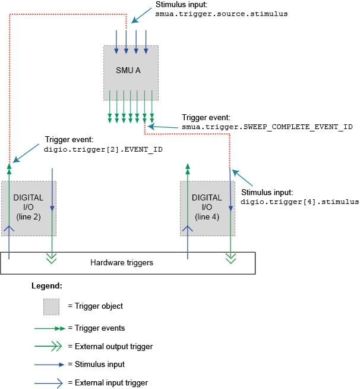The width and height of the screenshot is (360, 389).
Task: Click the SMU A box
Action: pos(131,70)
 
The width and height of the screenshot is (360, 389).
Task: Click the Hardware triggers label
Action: pos(121,262)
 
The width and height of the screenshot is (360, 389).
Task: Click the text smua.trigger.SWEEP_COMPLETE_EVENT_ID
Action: pos(258,127)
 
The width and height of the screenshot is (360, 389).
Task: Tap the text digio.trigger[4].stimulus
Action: pos(299,202)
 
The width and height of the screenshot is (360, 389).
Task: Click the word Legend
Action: pos(46,286)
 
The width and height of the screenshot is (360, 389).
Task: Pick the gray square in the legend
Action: pos(52,306)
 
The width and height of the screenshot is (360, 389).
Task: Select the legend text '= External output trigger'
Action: pos(110,346)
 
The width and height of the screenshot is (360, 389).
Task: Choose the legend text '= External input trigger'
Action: pos(108,382)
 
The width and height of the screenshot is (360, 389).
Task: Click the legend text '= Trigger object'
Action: pos(95,306)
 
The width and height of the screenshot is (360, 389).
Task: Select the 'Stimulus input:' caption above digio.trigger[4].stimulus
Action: pos(267,193)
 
